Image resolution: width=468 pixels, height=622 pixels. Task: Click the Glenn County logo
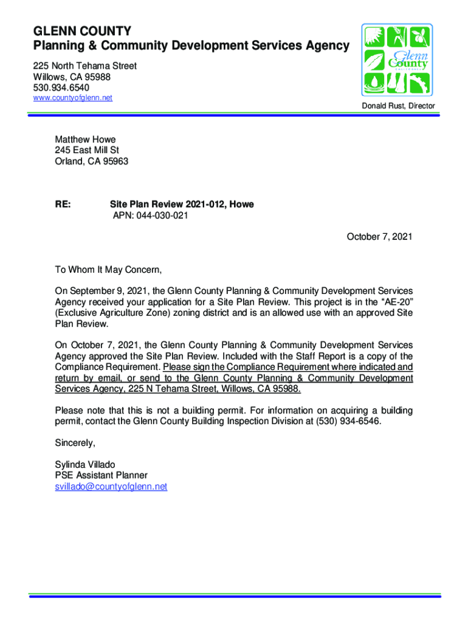coord(396,58)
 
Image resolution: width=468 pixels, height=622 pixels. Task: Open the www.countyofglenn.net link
coord(73,98)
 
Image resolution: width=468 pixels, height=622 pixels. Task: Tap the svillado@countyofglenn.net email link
coord(111,487)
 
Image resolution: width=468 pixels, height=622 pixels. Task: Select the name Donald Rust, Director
coord(398,106)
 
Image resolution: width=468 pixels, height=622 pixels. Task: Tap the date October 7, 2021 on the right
coord(379,237)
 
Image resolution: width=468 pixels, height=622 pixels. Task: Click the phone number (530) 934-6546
coord(345,421)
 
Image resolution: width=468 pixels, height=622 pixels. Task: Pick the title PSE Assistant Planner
coord(101,476)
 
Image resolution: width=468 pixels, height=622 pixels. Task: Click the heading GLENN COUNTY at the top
coord(81,31)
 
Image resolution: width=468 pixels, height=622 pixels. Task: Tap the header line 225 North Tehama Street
coord(84,66)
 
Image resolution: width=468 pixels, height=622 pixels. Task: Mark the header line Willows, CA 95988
coord(72,77)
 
